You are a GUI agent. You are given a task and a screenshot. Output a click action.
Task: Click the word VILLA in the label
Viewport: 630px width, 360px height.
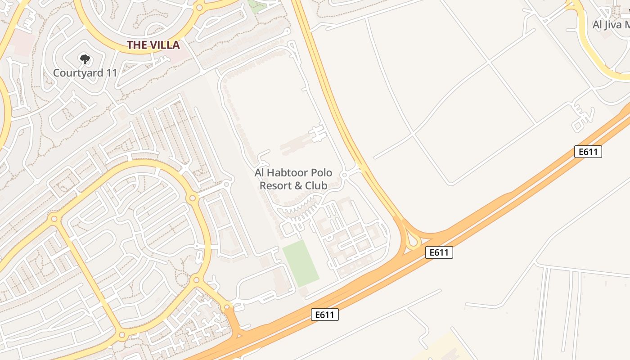[164, 45]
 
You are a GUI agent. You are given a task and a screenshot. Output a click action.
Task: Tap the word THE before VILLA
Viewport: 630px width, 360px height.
[136, 45]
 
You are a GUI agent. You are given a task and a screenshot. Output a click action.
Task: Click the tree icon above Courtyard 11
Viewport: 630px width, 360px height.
[85, 59]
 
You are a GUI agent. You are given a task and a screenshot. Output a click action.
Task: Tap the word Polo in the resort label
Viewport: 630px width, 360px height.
[322, 173]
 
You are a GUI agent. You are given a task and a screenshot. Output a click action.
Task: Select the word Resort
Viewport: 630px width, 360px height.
[274, 185]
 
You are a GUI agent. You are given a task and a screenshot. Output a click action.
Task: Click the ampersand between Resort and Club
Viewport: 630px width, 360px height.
[298, 185]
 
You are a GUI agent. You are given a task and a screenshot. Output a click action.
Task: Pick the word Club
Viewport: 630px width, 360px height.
[317, 185]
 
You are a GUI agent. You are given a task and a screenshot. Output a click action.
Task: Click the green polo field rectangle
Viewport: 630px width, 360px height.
[301, 263]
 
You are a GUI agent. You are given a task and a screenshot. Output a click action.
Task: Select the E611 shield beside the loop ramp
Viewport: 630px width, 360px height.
[439, 252]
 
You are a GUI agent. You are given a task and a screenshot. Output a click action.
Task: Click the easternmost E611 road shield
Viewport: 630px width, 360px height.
[588, 152]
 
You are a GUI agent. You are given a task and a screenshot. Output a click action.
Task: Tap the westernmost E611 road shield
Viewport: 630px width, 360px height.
[324, 315]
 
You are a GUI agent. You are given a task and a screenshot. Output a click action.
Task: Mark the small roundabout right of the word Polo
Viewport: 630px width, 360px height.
[344, 175]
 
